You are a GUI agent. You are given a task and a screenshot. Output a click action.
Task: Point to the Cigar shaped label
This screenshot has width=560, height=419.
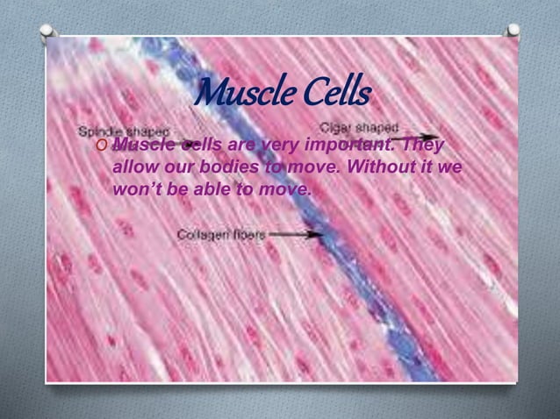(x=364, y=126)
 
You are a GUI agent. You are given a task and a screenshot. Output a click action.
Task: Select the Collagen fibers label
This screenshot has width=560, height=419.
(x=221, y=235)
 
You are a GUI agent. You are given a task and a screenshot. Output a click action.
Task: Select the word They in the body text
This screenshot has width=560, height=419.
(x=424, y=145)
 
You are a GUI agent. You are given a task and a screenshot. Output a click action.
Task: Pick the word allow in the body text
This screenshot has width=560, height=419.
(x=133, y=167)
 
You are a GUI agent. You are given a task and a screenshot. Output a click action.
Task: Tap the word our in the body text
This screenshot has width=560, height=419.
(x=180, y=167)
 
